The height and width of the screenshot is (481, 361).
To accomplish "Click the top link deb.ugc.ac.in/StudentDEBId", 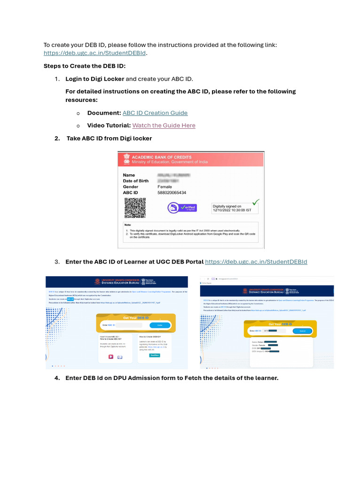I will click(95, 53).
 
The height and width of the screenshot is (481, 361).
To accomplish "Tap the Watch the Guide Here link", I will click(164, 125).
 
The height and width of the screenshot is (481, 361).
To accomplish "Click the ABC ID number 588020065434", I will click(172, 193).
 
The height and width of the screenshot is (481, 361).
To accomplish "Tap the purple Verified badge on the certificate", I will click(182, 208).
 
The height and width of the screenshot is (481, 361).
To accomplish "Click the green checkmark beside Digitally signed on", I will click(256, 202).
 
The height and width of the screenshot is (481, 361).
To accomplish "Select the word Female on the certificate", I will click(165, 186).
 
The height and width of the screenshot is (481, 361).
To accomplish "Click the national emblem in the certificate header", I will click(126, 159).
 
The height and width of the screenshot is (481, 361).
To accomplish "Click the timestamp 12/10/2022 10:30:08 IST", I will click(233, 210).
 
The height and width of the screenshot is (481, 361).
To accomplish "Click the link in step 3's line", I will click(256, 262).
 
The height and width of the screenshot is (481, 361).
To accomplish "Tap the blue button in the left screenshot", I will click(160, 325).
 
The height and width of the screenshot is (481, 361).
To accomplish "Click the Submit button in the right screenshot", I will click(302, 331).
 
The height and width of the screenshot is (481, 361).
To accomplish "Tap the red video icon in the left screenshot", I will click(111, 357).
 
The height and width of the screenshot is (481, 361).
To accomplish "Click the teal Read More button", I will click(154, 356).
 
